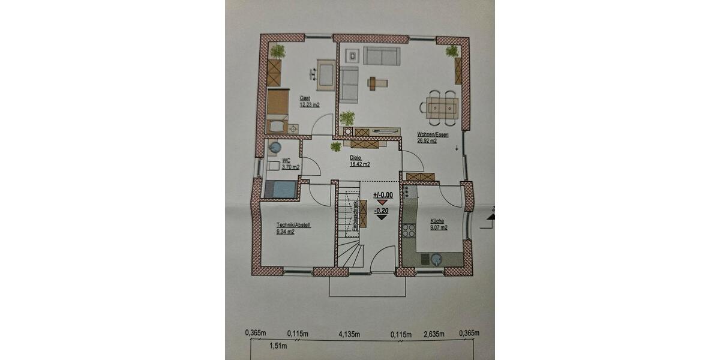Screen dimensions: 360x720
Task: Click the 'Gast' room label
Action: [x=305, y=98]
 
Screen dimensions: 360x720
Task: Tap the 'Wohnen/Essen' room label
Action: [x=432, y=135]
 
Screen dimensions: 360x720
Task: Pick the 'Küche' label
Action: [x=436, y=221]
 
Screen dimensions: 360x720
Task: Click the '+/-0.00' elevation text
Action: [x=382, y=195]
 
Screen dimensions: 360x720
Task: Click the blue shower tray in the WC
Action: [x=280, y=189]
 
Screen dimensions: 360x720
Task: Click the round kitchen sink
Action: [x=434, y=260]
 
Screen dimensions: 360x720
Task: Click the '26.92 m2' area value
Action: [x=428, y=142]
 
